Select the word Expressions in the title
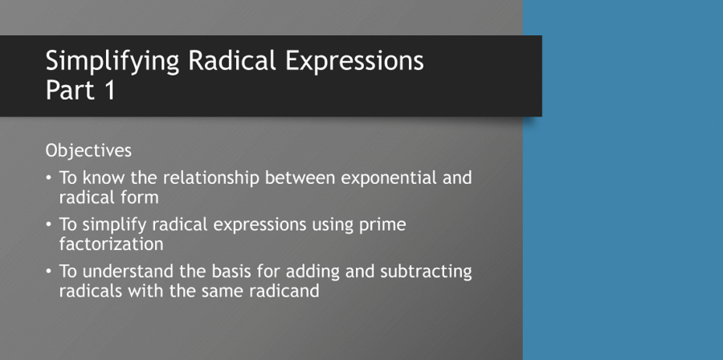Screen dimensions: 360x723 (357, 61)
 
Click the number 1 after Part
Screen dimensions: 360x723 (109, 90)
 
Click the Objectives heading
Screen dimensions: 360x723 (88, 150)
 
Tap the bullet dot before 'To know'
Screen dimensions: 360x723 (50, 178)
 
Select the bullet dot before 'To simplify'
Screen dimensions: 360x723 (50, 224)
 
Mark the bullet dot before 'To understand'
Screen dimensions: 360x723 (50, 272)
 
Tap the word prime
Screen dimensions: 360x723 (386, 224)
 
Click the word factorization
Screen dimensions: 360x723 (112, 243)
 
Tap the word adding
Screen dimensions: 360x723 (326, 272)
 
